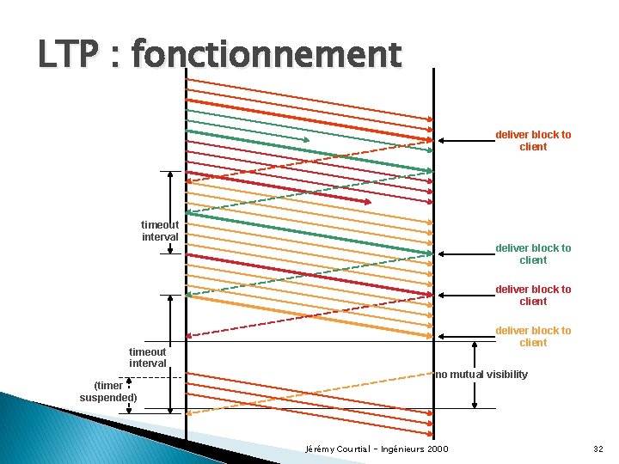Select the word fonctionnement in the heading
267,55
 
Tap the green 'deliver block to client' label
533,253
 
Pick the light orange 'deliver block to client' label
533,336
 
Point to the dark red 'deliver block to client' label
533,295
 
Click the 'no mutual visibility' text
481,375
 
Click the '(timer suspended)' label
108,391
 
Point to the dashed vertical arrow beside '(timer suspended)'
129,398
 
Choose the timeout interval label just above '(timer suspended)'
147,357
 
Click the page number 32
598,449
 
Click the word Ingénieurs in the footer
411,449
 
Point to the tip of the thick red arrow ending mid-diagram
370,202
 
